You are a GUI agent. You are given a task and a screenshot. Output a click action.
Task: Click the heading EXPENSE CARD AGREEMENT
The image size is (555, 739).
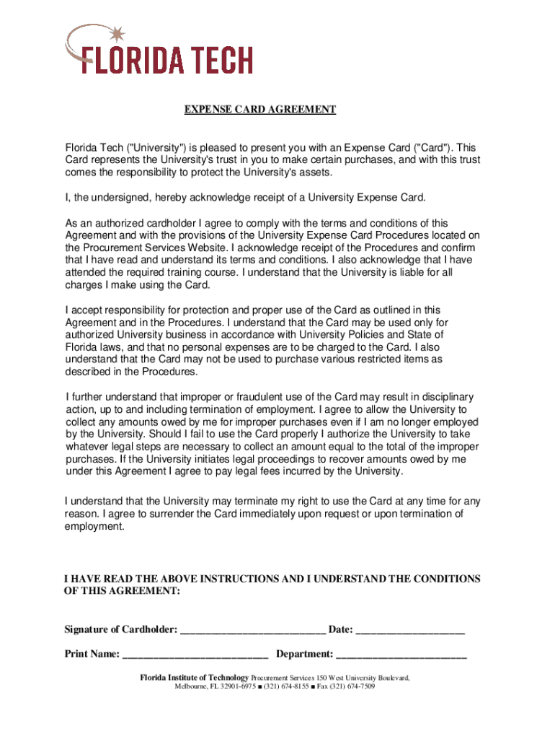(260, 110)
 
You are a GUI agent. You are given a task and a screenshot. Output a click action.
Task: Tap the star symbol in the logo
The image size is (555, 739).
(120, 33)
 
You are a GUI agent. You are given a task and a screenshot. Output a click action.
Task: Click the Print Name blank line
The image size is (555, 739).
(195, 656)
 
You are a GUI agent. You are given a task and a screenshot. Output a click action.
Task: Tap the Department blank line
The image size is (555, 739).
(401, 656)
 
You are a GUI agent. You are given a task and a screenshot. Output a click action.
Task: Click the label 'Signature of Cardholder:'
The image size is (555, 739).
(121, 630)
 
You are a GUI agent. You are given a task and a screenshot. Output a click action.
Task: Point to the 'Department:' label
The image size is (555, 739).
(305, 655)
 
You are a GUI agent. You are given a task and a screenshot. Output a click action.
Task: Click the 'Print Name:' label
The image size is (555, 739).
(92, 655)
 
